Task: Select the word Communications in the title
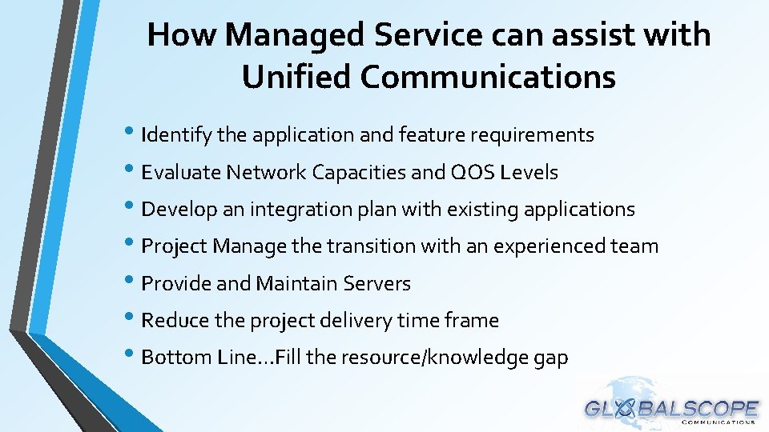488,77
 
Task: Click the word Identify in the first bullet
176,135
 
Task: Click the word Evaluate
180,172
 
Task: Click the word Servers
376,283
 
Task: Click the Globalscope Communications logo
671,408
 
